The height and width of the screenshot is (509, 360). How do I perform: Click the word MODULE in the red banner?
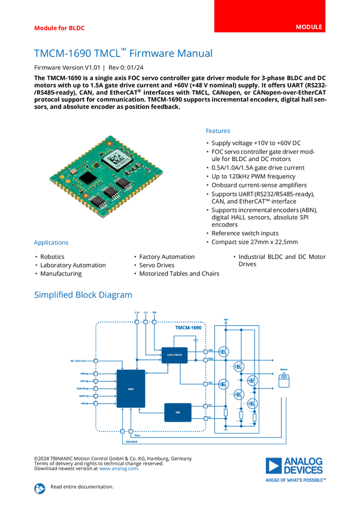(x=309, y=28)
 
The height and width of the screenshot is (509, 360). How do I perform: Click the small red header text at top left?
(x=59, y=28)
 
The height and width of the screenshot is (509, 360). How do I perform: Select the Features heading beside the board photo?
(x=219, y=131)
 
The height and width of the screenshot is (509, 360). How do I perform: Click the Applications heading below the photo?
(x=51, y=243)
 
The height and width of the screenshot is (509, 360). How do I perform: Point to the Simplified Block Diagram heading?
(x=83, y=295)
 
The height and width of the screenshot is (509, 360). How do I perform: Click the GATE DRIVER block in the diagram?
(x=173, y=355)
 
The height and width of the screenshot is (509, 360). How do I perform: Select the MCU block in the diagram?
(x=131, y=389)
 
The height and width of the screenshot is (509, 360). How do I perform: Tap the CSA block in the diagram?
(x=178, y=412)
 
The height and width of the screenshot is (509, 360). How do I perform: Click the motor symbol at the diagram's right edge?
(x=284, y=380)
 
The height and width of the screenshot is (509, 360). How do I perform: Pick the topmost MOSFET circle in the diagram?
(x=224, y=352)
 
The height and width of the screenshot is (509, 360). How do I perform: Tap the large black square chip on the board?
(x=87, y=177)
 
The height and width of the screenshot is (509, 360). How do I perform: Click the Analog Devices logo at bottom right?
(x=295, y=465)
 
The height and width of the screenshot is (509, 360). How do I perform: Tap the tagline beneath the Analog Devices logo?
(x=296, y=479)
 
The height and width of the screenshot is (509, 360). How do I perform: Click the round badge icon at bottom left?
(x=39, y=488)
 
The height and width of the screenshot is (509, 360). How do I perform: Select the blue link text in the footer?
(x=118, y=468)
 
